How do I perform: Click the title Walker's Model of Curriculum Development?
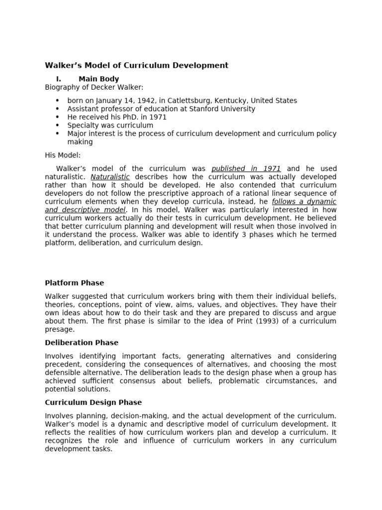click(137, 65)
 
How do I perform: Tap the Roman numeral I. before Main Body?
click(59, 79)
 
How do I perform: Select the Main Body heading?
click(98, 79)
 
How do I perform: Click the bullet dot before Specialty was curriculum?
click(57, 126)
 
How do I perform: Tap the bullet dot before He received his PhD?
click(57, 117)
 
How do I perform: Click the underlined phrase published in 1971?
click(246, 169)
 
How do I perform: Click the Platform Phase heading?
click(75, 283)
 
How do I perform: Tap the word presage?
click(60, 329)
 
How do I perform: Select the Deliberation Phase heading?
click(82, 343)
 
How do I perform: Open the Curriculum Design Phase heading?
click(94, 402)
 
